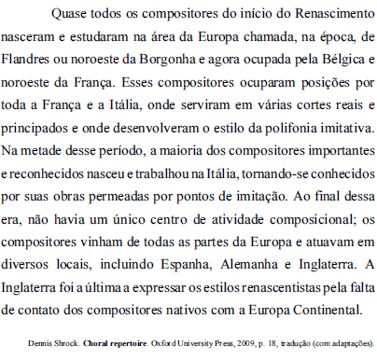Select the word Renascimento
click(326, 17)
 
